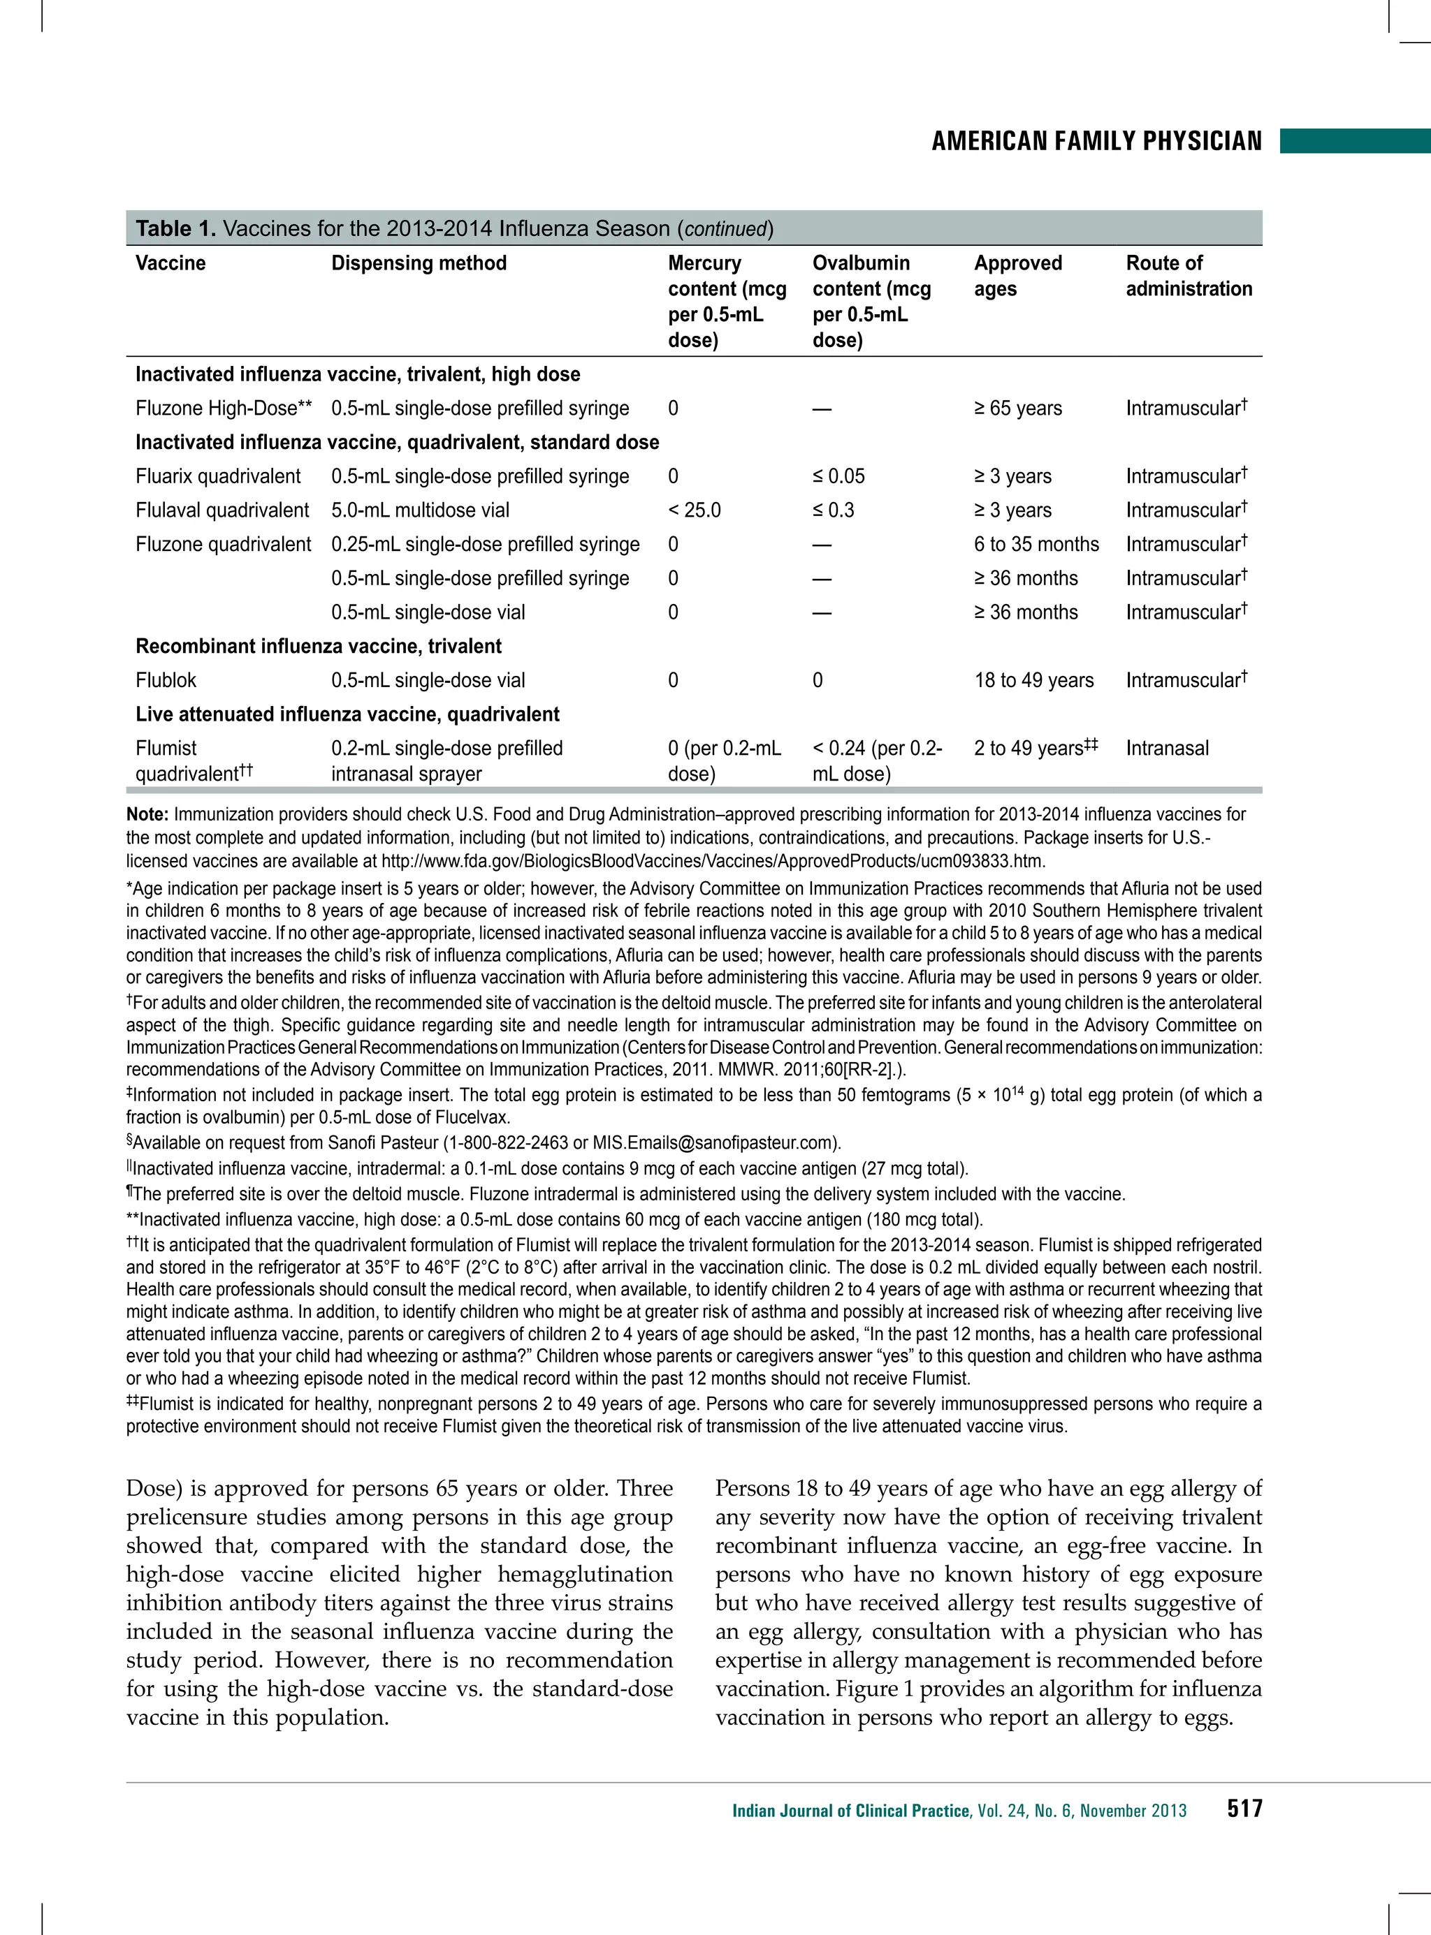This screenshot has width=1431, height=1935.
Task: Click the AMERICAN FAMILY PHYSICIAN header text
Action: coord(1096,141)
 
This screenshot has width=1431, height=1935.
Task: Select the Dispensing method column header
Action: coord(419,263)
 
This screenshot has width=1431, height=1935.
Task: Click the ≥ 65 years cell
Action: coord(1018,409)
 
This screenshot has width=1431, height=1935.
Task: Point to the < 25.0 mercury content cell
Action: coord(694,510)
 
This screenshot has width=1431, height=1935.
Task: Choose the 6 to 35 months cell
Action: coord(1036,545)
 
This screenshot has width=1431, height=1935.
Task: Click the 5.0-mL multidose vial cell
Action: coord(420,510)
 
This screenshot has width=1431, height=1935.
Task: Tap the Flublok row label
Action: coord(166,680)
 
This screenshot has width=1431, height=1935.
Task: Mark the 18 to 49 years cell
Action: coord(1033,680)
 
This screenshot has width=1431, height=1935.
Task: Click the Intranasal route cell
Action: coord(1167,749)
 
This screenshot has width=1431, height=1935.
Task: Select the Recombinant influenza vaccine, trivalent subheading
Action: coord(318,647)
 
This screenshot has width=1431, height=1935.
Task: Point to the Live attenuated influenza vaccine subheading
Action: coord(347,715)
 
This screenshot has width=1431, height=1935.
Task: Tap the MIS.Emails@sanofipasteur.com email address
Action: coord(715,1143)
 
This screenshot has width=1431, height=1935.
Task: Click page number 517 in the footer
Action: coord(1244,1809)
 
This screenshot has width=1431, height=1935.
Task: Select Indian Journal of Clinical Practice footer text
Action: coord(850,1811)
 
